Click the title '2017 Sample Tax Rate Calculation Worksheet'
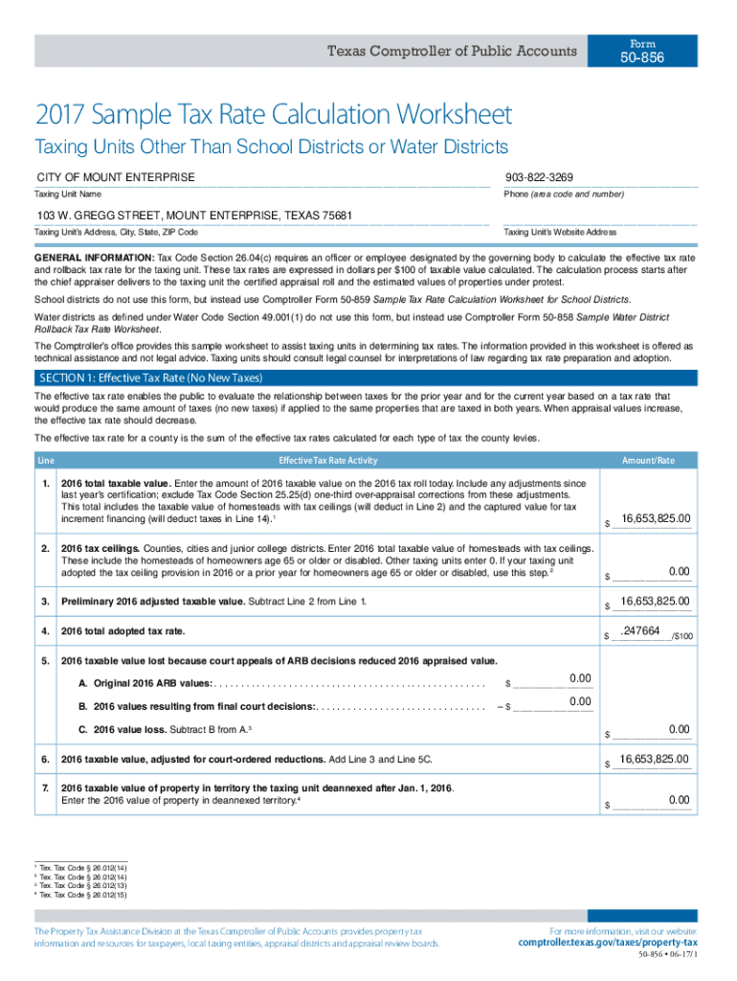pyautogui.click(x=273, y=116)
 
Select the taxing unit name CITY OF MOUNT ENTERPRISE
pyautogui.click(x=116, y=177)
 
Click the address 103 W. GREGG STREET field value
pyautogui.click(x=194, y=216)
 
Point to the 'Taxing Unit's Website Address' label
pyautogui.click(x=560, y=233)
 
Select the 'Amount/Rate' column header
pyautogui.click(x=648, y=461)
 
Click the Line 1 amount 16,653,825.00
pyautogui.click(x=656, y=519)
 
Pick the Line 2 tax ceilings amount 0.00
pyautogui.click(x=679, y=572)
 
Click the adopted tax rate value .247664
pyautogui.click(x=641, y=631)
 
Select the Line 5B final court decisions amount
pyautogui.click(x=580, y=701)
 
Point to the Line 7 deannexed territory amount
pyautogui.click(x=679, y=800)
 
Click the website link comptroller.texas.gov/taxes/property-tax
pyautogui.click(x=608, y=943)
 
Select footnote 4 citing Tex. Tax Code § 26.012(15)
pyautogui.click(x=82, y=895)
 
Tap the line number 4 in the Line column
pyautogui.click(x=46, y=631)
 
